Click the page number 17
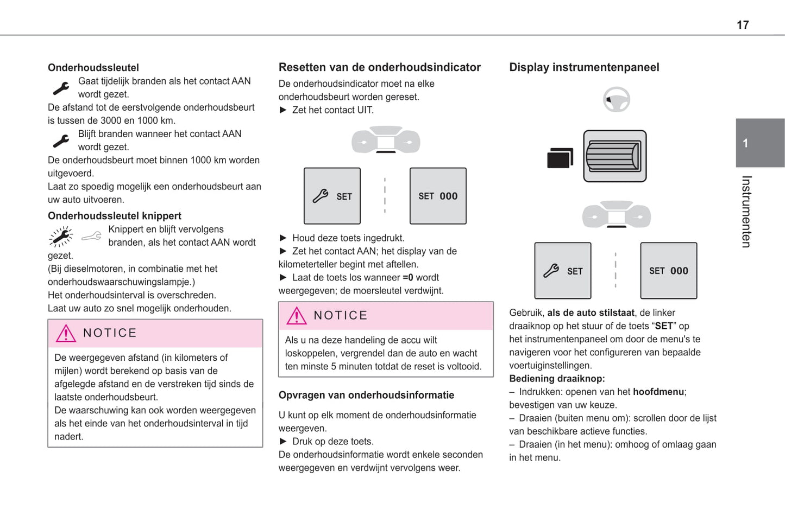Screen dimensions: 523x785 [742, 25]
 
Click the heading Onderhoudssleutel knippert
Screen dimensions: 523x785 [114, 216]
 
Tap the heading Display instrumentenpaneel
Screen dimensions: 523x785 [584, 67]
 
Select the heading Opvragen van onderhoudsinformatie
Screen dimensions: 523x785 [366, 395]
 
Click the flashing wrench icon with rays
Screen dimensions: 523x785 [61, 237]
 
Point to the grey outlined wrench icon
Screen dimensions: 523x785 [91, 236]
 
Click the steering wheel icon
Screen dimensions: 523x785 [616, 100]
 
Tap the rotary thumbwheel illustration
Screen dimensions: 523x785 [614, 156]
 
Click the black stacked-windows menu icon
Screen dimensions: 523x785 [560, 158]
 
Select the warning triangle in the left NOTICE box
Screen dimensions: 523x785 [66, 333]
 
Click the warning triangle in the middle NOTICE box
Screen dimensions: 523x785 [297, 316]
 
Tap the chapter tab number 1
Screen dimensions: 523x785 [745, 143]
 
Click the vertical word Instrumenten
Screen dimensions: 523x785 [747, 212]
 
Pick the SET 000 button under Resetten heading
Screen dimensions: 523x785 [438, 196]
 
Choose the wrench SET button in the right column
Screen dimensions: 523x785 [563, 271]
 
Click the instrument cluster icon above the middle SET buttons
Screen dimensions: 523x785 [386, 140]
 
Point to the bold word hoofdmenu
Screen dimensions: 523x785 [658, 392]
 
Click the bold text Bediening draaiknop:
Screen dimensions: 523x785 [557, 379]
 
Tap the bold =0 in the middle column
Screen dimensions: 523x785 [407, 277]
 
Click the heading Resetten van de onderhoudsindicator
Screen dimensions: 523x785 [379, 67]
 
